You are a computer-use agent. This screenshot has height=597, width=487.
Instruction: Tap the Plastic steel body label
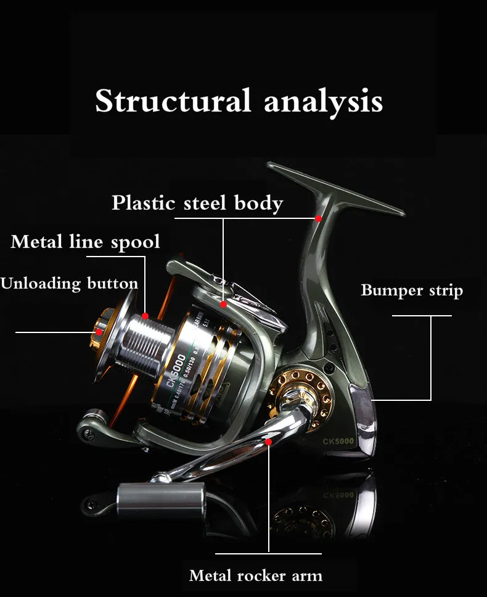click(x=197, y=203)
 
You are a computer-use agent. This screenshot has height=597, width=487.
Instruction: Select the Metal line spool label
click(x=85, y=241)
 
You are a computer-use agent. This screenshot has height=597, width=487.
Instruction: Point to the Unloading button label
click(x=69, y=284)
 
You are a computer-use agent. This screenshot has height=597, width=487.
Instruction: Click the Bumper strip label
click(x=411, y=290)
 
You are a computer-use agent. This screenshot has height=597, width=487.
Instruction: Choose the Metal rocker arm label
click(x=255, y=576)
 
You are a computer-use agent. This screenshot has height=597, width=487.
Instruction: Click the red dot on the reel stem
click(x=318, y=218)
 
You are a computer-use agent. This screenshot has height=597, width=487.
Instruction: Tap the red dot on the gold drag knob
click(x=99, y=332)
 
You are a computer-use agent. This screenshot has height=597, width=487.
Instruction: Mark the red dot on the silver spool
click(x=145, y=316)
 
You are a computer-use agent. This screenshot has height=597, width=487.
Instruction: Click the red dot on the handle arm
click(x=269, y=442)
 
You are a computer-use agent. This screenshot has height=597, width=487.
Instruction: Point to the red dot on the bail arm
click(x=223, y=304)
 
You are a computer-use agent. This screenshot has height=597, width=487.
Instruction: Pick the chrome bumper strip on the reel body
click(x=361, y=407)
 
